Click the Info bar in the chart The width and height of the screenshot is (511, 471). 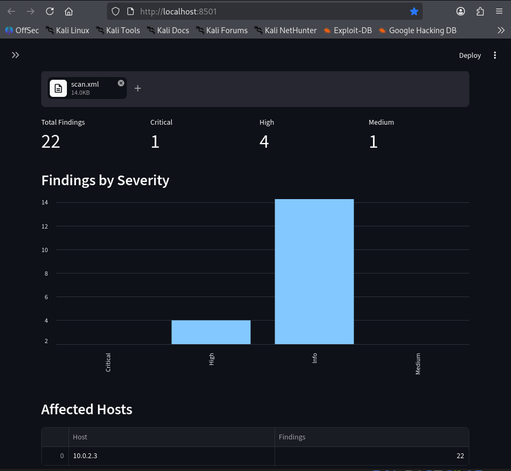314,271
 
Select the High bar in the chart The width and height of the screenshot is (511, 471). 211,332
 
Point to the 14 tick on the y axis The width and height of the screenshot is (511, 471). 44,202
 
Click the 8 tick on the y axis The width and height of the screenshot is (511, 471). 46,274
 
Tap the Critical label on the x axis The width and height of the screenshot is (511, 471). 108,362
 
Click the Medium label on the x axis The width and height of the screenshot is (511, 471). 418,364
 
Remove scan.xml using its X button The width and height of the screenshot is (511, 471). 121,83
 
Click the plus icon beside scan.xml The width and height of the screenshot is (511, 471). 138,88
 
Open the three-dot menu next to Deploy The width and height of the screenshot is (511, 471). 495,56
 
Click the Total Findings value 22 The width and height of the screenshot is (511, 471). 50,142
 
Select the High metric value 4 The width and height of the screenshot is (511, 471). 264,142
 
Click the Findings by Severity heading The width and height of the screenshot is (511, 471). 105,180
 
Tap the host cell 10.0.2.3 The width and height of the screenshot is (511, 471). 85,455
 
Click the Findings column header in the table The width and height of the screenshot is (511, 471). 292,437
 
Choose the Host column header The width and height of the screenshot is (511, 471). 80,437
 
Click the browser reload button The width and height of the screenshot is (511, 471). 50,11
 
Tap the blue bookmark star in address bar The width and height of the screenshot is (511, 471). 414,11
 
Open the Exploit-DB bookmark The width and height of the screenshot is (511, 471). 348,31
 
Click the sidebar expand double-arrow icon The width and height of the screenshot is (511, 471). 16,55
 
